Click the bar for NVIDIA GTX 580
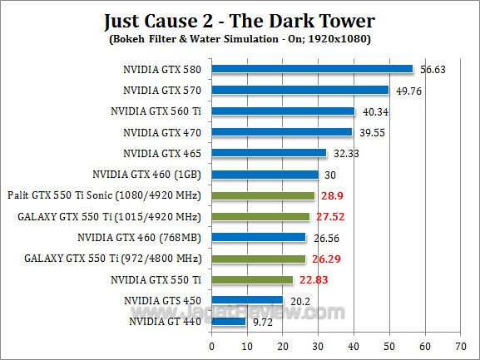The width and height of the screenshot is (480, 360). pyautogui.click(x=312, y=69)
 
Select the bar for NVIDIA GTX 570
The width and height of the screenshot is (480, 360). pyautogui.click(x=300, y=90)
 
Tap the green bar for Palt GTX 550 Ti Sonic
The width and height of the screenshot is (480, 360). pyautogui.click(x=263, y=195)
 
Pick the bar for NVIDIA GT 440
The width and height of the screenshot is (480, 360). pyautogui.click(x=229, y=321)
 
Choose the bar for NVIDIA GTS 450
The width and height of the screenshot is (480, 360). pyautogui.click(x=248, y=300)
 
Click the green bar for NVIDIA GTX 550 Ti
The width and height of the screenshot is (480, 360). pyautogui.click(x=252, y=279)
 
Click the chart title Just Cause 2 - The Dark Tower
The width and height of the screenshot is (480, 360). pyautogui.click(x=240, y=20)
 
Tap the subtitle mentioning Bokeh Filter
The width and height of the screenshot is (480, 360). pyautogui.click(x=240, y=38)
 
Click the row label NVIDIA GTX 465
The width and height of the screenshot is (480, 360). pyautogui.click(x=163, y=153)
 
